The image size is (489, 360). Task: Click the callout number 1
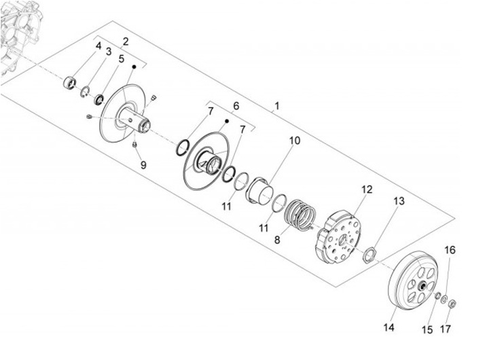(x=276, y=107)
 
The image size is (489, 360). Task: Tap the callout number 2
(x=125, y=41)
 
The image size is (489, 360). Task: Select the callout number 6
(x=236, y=107)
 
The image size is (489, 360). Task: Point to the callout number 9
(x=143, y=164)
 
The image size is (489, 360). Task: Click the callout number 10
(x=295, y=141)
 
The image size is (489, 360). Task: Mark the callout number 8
(x=276, y=240)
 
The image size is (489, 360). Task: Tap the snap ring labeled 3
(x=86, y=92)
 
